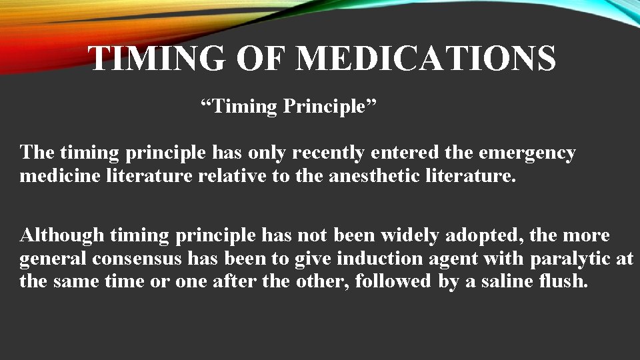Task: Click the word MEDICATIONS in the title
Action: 425,59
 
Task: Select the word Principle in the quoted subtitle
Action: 330,107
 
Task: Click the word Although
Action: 62,235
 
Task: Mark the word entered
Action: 405,153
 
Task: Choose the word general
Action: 54,258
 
